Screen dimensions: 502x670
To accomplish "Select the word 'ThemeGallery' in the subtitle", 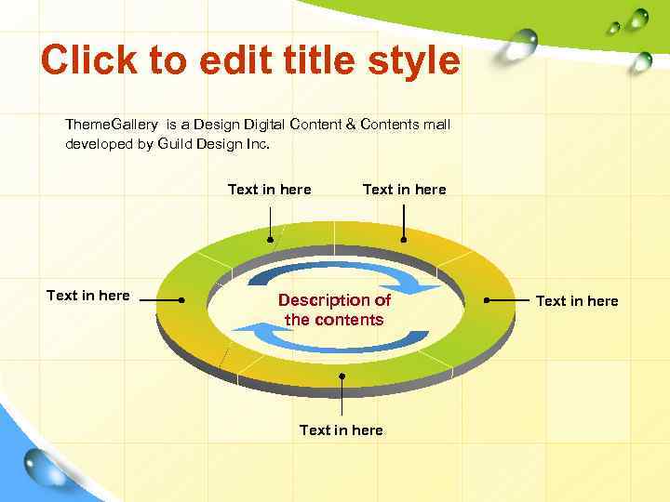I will coord(111,124).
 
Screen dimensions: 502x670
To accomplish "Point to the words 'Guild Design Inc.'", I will coord(214,144).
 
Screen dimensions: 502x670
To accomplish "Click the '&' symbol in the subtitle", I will coord(350,124).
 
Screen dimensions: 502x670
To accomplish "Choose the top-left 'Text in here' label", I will coord(270,190).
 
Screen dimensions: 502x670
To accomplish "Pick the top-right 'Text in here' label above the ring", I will coord(404,190).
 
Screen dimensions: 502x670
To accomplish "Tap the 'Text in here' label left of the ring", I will coord(88,296).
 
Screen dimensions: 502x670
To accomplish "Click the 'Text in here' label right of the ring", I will coord(577,300).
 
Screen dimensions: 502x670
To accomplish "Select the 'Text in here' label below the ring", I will coord(341,429).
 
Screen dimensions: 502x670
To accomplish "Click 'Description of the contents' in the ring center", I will coord(334,310).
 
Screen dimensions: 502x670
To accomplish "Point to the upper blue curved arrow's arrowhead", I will coord(425,289).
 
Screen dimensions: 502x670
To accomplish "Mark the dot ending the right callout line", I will coord(488,300).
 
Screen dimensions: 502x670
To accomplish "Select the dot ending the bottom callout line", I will coord(342,376).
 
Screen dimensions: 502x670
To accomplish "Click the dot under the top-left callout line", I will coord(270,240).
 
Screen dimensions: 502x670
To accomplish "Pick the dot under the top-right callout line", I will coord(404,240).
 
